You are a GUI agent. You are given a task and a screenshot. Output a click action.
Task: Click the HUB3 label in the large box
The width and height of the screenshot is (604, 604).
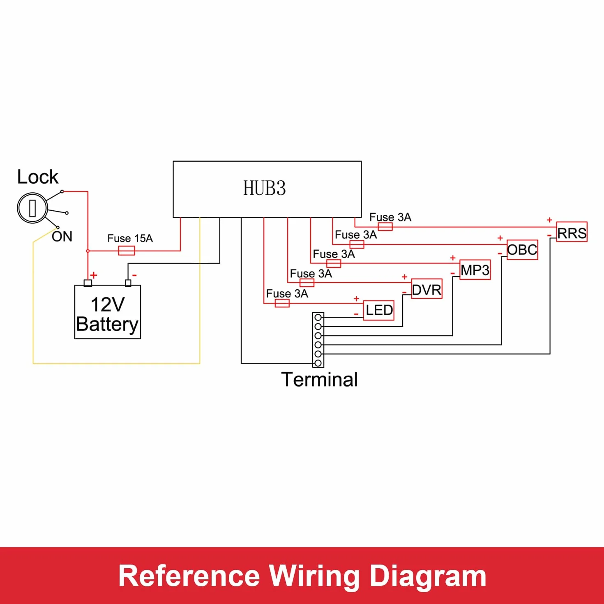[x=264, y=188]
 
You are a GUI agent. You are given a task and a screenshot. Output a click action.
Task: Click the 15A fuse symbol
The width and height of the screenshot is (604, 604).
[x=127, y=251]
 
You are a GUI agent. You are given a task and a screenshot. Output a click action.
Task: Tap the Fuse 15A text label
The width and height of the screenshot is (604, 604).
[x=130, y=239]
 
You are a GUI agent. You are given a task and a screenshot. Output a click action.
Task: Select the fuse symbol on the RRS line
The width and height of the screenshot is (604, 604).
[x=385, y=227]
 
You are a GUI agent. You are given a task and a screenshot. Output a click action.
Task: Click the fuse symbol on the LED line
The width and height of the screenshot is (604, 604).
[x=282, y=303]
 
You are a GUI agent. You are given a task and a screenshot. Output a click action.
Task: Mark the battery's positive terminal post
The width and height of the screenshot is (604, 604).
[x=88, y=283]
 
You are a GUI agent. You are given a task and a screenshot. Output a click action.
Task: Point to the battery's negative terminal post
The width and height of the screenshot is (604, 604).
[x=128, y=283]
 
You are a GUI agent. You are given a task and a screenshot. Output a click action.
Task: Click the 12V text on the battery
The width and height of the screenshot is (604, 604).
[x=108, y=304]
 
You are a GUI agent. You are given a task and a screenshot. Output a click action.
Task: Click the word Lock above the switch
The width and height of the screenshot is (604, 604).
[x=38, y=177]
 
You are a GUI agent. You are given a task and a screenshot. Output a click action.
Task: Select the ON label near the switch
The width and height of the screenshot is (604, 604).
[x=62, y=237]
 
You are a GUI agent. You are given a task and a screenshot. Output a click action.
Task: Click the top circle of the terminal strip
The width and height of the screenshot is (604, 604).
[x=318, y=318]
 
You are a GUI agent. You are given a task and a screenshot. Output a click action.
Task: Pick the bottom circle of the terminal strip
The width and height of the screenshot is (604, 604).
[x=318, y=363]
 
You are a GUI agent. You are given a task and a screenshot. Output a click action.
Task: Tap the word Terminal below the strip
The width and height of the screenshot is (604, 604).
[x=319, y=380]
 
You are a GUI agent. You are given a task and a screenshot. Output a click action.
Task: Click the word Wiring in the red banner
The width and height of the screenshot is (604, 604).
[x=315, y=576]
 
